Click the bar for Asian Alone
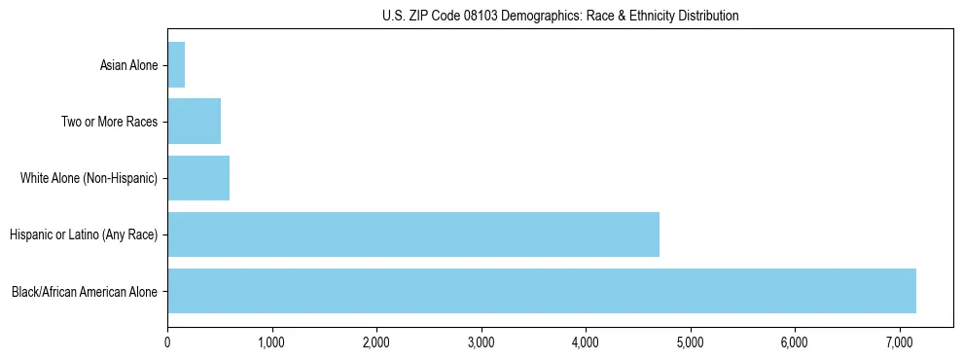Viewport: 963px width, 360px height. pyautogui.click(x=176, y=65)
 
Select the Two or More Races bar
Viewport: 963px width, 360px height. pyautogui.click(x=194, y=122)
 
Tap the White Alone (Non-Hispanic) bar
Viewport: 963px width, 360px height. pyautogui.click(x=198, y=178)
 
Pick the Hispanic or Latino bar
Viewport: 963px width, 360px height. pyautogui.click(x=413, y=234)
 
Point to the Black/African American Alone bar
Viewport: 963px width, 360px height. pyautogui.click(x=542, y=291)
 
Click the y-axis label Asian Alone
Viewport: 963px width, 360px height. pyautogui.click(x=128, y=66)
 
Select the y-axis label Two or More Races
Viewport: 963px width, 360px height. pyautogui.click(x=109, y=123)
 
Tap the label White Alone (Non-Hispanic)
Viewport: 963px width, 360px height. pyautogui.click(x=89, y=179)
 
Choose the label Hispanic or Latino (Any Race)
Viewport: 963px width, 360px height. pyautogui.click(x=83, y=235)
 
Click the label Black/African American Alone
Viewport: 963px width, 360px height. pyautogui.click(x=85, y=292)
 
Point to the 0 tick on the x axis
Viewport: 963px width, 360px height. pyautogui.click(x=167, y=342)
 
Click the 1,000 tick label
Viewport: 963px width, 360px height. pyautogui.click(x=271, y=342)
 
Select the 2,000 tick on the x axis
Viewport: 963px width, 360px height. pyautogui.click(x=376, y=342)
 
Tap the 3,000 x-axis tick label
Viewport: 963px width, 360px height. pyautogui.click(x=481, y=342)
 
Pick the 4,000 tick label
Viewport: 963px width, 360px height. pyautogui.click(x=586, y=342)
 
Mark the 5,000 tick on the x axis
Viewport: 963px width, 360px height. pyautogui.click(x=690, y=342)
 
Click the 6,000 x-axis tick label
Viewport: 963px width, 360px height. pyautogui.click(x=795, y=342)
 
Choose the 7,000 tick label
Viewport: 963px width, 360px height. pyautogui.click(x=899, y=342)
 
